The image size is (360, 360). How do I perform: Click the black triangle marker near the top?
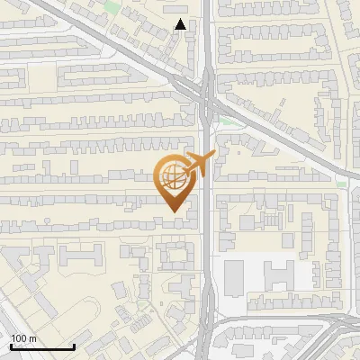tap(182, 24)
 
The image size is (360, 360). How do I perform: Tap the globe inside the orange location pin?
tap(172, 175)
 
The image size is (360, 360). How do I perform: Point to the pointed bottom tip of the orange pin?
tap(175, 211)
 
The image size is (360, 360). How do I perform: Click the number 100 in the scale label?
tap(19, 338)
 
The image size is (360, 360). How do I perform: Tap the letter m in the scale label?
tap(32, 338)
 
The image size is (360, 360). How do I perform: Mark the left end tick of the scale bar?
tap(11, 346)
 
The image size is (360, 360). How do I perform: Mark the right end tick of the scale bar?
tap(74, 346)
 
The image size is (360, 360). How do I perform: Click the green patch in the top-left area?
tap(111, 8)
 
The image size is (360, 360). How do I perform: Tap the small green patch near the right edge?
tap(341, 184)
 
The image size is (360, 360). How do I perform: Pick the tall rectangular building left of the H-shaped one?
tap(233, 276)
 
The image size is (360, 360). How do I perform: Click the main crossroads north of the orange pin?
tap(205, 90)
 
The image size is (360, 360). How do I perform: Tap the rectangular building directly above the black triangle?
tap(179, 11)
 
